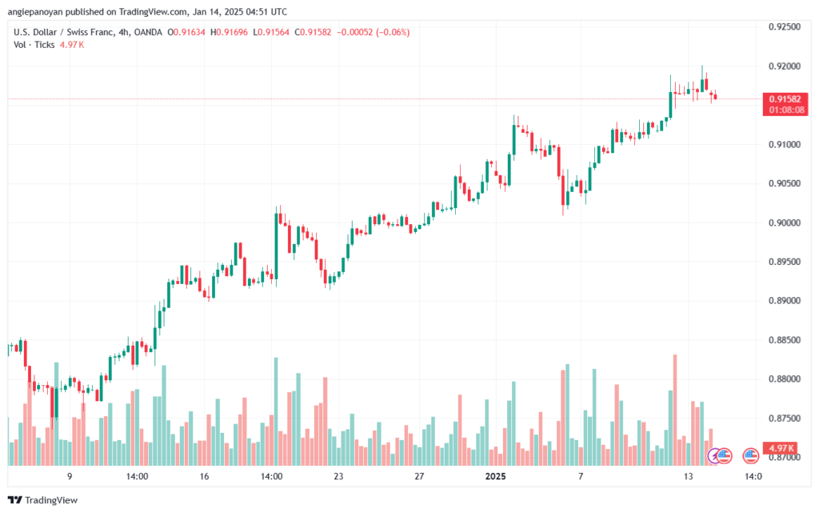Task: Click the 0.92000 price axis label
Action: pyautogui.click(x=784, y=66)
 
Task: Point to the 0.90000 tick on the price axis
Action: pyautogui.click(x=784, y=223)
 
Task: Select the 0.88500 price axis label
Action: pyautogui.click(x=784, y=340)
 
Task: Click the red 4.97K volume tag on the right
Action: pyautogui.click(x=781, y=448)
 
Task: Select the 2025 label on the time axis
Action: pyautogui.click(x=495, y=476)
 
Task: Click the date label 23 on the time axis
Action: pyautogui.click(x=338, y=476)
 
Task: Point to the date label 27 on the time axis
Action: pyautogui.click(x=419, y=476)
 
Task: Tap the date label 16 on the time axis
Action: pyautogui.click(x=204, y=476)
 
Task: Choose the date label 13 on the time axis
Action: pyautogui.click(x=689, y=476)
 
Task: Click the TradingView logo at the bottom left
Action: pyautogui.click(x=43, y=500)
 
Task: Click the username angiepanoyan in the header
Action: pyautogui.click(x=34, y=11)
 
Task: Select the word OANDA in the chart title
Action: pyautogui.click(x=148, y=32)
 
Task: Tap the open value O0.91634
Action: pyautogui.click(x=186, y=32)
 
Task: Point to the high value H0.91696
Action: pyautogui.click(x=229, y=32)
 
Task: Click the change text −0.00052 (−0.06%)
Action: pyautogui.click(x=373, y=32)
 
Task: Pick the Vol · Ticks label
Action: pyautogui.click(x=34, y=45)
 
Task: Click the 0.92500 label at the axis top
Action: pyautogui.click(x=784, y=27)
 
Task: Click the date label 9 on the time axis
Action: pyautogui.click(x=70, y=476)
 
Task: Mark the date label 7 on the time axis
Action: pyautogui.click(x=581, y=476)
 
